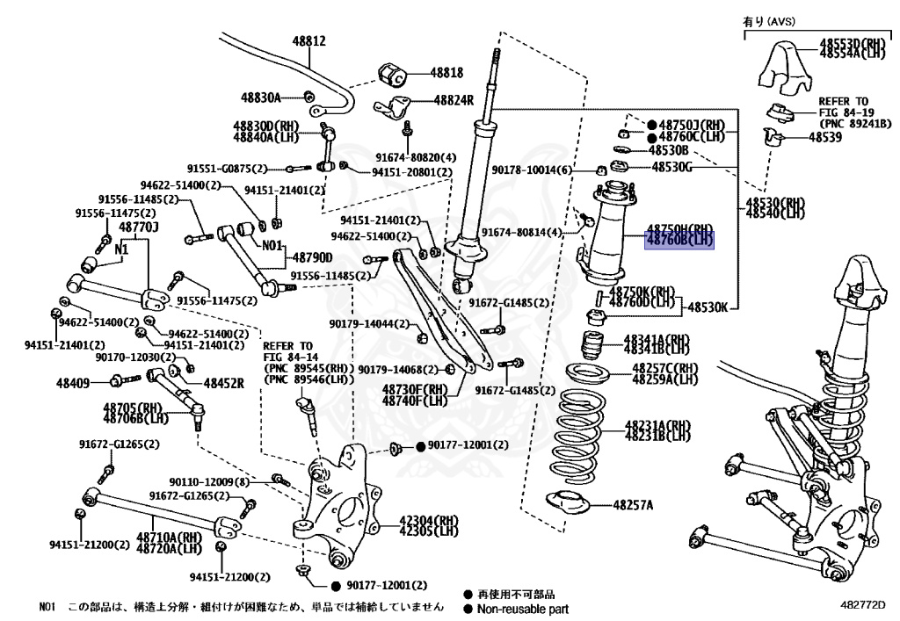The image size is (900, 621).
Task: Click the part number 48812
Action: pyautogui.click(x=309, y=41)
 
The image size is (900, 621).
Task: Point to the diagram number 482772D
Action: pyautogui.click(x=862, y=605)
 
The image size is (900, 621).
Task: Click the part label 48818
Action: pyautogui.click(x=446, y=73)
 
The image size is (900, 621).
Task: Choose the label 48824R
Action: pyautogui.click(x=453, y=100)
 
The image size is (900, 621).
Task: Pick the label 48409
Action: pyautogui.click(x=73, y=383)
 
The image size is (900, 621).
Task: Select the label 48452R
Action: pyautogui.click(x=224, y=383)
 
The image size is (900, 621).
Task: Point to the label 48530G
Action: pyautogui.click(x=671, y=166)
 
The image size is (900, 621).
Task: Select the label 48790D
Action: pyautogui.click(x=312, y=257)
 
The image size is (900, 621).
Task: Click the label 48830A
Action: pyautogui.click(x=261, y=97)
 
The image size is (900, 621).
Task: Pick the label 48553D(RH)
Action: pyautogui.click(x=853, y=42)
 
